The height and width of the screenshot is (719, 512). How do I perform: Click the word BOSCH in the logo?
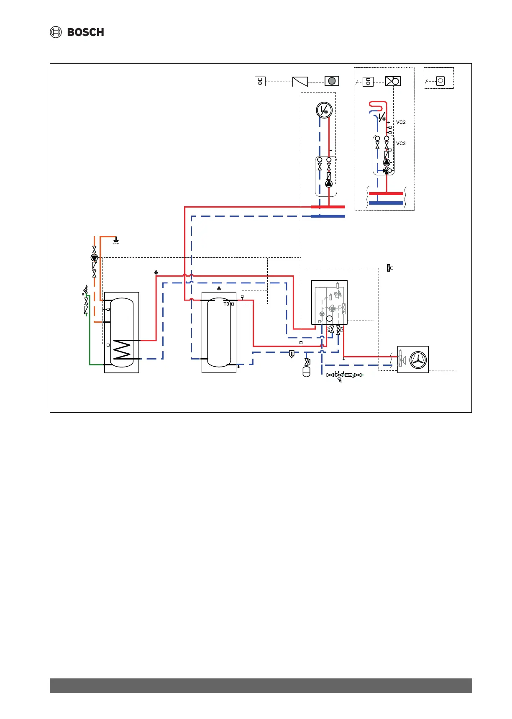(x=85, y=32)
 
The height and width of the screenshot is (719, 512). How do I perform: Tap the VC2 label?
(x=401, y=122)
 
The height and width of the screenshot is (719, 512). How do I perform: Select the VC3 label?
(x=401, y=143)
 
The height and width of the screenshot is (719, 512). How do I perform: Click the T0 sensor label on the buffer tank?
(x=226, y=304)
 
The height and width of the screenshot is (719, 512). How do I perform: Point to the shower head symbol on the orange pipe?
(x=116, y=241)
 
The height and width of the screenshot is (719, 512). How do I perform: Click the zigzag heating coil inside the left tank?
(x=122, y=349)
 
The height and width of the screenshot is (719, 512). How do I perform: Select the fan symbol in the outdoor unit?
(x=418, y=359)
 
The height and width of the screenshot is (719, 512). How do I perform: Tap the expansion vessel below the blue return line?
(x=306, y=372)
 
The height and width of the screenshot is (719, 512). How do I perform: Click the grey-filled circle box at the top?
(x=332, y=81)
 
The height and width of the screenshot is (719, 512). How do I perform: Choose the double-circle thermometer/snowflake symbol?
(x=324, y=110)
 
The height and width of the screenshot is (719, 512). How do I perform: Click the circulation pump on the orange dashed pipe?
(x=95, y=258)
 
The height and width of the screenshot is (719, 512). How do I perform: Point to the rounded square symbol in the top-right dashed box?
(x=440, y=81)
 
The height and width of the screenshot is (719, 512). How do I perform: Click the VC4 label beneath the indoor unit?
(x=329, y=329)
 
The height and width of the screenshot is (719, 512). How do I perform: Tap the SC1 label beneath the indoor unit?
(x=341, y=329)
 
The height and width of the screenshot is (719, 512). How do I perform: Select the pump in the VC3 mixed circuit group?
(x=387, y=162)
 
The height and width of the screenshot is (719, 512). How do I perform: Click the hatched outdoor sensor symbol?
(x=389, y=267)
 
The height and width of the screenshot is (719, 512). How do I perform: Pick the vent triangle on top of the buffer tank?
(x=219, y=288)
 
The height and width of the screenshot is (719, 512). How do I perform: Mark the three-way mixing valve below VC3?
(x=387, y=170)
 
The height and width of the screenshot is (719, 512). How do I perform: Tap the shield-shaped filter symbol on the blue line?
(x=292, y=354)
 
